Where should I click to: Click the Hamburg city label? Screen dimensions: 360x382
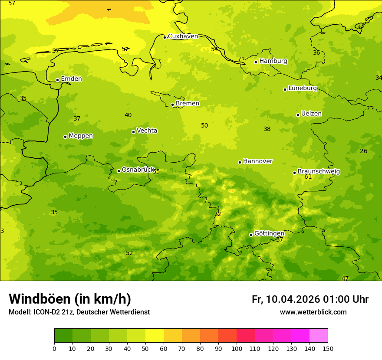click(273, 61)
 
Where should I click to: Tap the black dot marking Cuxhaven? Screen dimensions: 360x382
click(165, 37)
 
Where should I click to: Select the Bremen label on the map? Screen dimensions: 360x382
click(187, 104)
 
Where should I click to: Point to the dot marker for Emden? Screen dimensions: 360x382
click(57, 80)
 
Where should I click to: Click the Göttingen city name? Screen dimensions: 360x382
click(269, 233)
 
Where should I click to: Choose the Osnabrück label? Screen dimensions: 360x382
click(138, 170)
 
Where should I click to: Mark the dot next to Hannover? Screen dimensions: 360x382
click(240, 162)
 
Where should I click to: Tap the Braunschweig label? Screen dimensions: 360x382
click(319, 172)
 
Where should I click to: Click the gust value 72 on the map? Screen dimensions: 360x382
click(217, 214)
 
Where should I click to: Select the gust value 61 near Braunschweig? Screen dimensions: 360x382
click(308, 177)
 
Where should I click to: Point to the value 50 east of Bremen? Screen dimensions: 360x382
click(204, 125)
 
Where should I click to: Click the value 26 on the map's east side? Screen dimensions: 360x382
click(363, 151)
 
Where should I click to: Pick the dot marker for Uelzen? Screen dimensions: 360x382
click(298, 115)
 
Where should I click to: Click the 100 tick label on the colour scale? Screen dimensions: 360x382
click(237, 348)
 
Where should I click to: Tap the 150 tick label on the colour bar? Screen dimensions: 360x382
click(328, 348)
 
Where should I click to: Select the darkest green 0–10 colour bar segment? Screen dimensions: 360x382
click(63, 336)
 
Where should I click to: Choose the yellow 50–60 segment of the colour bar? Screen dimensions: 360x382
click(155, 336)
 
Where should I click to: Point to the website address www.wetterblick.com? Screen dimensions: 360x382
click(313, 312)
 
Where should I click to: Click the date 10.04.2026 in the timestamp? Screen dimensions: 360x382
click(293, 299)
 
